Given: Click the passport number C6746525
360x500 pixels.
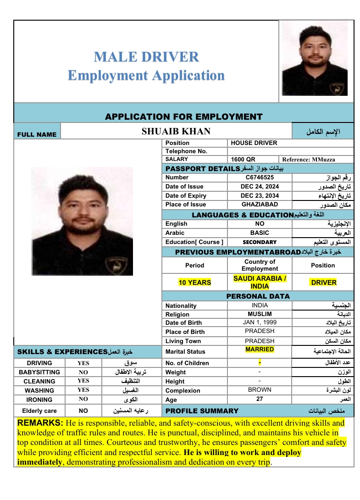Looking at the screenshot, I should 260,178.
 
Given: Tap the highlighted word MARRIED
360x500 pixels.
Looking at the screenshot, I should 260,350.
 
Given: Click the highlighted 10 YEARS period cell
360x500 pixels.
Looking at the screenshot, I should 195,283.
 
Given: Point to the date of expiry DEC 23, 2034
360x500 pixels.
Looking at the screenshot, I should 260,196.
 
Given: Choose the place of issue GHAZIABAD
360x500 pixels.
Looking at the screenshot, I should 260,205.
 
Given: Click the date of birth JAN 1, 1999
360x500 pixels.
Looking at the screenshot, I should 260,322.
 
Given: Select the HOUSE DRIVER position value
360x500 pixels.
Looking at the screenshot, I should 254,143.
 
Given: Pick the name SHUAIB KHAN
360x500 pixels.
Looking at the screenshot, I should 176,132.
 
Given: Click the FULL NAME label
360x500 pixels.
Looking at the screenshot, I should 37,134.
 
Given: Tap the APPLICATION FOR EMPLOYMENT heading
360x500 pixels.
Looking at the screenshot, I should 183,117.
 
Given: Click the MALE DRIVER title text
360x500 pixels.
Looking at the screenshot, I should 146,57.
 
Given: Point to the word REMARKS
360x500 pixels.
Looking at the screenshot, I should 40,422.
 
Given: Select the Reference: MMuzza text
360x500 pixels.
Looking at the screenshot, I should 309,160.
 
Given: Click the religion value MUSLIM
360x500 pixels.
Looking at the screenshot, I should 260,314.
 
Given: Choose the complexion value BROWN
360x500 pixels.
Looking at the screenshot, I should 260,390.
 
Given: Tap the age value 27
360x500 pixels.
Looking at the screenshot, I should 260,399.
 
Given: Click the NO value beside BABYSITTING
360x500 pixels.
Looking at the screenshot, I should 83,372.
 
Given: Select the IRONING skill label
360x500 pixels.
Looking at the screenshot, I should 39,400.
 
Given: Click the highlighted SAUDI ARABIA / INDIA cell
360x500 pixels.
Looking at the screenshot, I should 260,282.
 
